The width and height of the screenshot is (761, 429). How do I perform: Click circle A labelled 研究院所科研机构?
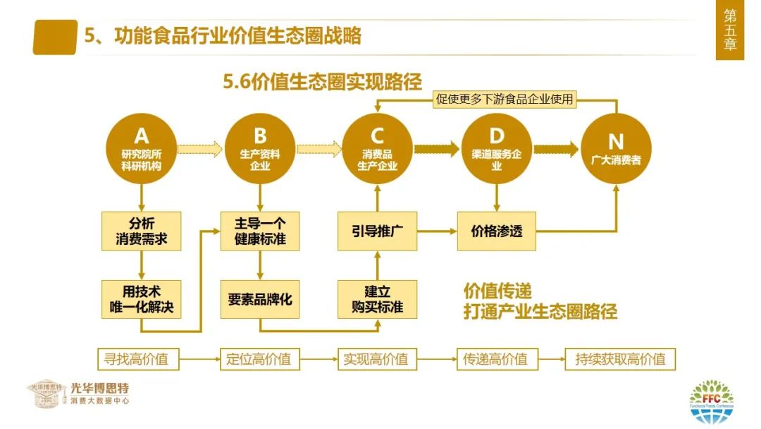pyautogui.click(x=141, y=148)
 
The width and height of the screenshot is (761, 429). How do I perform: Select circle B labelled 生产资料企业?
pyautogui.click(x=259, y=148)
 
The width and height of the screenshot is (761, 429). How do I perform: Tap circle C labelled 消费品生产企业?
pyautogui.click(x=377, y=148)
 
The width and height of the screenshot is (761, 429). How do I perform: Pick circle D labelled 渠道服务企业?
pyautogui.click(x=496, y=148)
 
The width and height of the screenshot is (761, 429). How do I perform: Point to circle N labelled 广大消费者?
pyautogui.click(x=616, y=148)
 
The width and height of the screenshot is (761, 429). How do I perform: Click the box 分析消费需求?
pyautogui.click(x=141, y=231)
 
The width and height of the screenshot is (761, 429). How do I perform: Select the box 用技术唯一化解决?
pyautogui.click(x=141, y=299)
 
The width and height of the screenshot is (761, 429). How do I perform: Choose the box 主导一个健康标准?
pyautogui.click(x=259, y=231)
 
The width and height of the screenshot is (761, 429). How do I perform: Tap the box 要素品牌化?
pyautogui.click(x=259, y=299)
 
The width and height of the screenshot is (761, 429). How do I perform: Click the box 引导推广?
pyautogui.click(x=377, y=231)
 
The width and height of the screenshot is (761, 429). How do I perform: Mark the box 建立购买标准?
pyautogui.click(x=377, y=299)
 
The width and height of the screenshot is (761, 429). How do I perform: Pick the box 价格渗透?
pyautogui.click(x=497, y=231)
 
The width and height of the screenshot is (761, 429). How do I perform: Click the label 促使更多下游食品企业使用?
pyautogui.click(x=505, y=99)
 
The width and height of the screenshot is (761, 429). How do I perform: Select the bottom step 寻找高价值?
pyautogui.click(x=138, y=359)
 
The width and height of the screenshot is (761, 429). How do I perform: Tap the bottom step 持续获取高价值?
pyautogui.click(x=620, y=359)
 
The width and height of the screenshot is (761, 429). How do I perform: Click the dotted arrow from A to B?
pyautogui.click(x=200, y=149)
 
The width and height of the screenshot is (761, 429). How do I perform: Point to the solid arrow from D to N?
pyautogui.click(x=556, y=149)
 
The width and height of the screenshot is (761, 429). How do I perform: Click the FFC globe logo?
pyautogui.click(x=712, y=401)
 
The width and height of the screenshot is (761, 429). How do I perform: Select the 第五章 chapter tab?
pyautogui.click(x=730, y=30)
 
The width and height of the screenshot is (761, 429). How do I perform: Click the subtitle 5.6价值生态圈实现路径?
pyautogui.click(x=322, y=82)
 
